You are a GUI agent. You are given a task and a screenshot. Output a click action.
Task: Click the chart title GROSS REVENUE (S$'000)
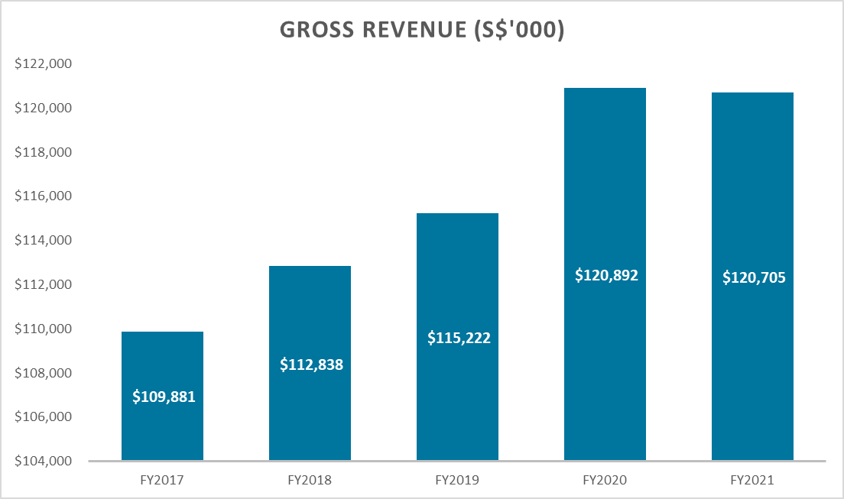[x=422, y=29]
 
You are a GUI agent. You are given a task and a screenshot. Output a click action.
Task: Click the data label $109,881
[x=163, y=397]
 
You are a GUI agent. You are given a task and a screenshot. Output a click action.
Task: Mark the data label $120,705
[x=753, y=277]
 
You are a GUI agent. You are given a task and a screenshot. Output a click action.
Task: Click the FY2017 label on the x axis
[x=163, y=481]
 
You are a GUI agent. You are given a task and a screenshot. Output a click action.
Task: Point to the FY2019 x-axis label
[x=457, y=481]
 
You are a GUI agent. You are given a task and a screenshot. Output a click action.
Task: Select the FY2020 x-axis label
[x=605, y=481]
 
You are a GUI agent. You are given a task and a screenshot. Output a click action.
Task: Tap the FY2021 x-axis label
[x=753, y=481]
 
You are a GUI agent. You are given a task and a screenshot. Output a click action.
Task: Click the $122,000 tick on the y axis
[x=43, y=64]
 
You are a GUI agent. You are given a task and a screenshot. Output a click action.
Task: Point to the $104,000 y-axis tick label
[x=43, y=462]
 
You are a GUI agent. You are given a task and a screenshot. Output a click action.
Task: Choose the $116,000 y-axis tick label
[x=43, y=196]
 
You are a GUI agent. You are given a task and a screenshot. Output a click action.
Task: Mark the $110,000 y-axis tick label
[x=43, y=329]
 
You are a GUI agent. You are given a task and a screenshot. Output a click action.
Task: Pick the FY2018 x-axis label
[x=310, y=481]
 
